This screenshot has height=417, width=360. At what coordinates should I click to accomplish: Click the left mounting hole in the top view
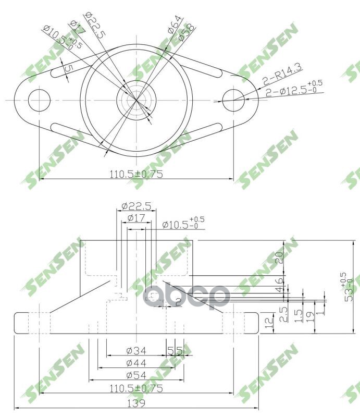pos(39,100)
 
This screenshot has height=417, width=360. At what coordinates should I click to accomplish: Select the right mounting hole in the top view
pos(233,100)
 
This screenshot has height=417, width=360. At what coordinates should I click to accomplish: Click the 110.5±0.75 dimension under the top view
pos(136,174)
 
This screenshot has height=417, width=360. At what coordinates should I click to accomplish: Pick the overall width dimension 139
pos(136,403)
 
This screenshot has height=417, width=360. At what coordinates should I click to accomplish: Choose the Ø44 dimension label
pos(136,363)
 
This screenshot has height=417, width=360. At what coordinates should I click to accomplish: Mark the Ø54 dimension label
pos(136,375)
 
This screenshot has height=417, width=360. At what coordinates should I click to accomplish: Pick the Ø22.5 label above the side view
pos(136,206)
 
